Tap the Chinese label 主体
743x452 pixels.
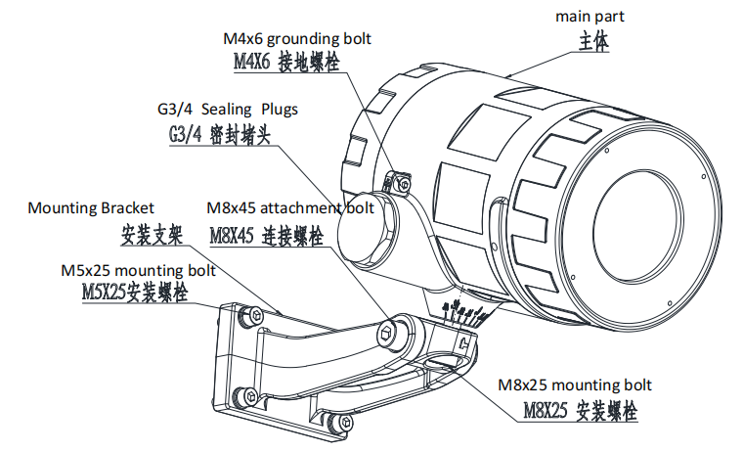(591, 41)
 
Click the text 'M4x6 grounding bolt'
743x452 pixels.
(295, 39)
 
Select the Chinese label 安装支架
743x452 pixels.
(152, 235)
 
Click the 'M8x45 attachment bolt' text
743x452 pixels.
(290, 208)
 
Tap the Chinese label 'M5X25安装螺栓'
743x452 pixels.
(131, 292)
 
